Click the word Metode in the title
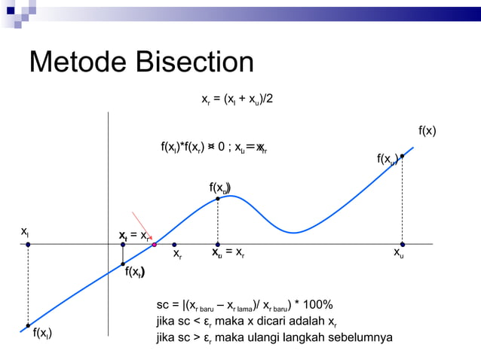[80, 63]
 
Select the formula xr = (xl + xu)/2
[237, 99]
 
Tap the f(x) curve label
[427, 131]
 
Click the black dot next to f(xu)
[403, 156]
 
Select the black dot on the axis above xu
[403, 245]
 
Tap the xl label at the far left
[25, 231]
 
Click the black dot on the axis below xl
[28, 245]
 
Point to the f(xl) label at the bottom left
[42, 332]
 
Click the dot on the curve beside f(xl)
[28, 325]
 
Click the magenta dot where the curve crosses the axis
[154, 245]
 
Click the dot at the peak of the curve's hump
[218, 198]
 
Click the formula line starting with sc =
[244, 305]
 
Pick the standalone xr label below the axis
[177, 255]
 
